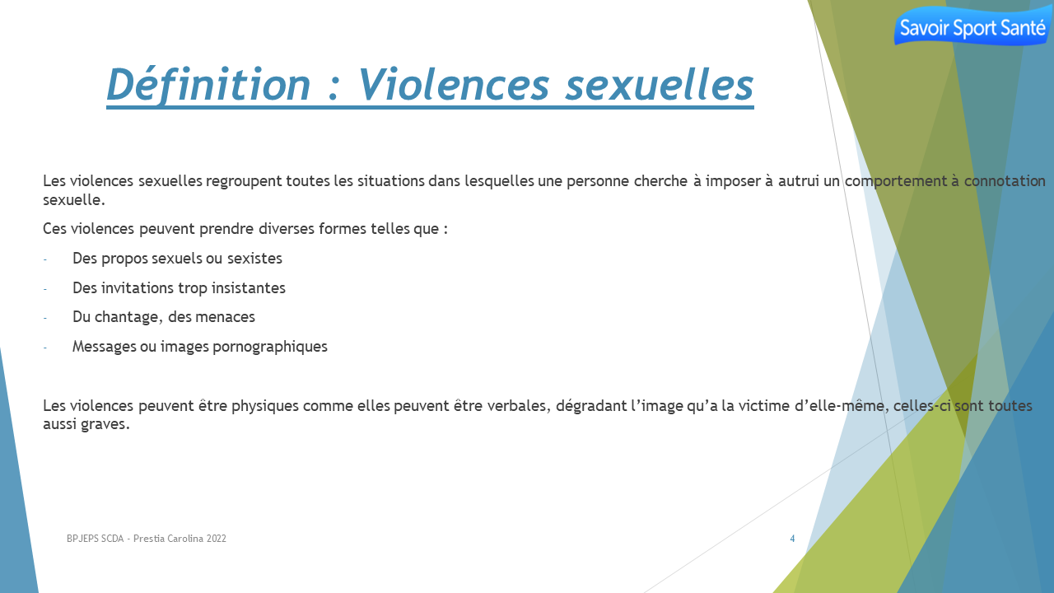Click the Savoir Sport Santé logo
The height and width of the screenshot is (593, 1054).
[x=972, y=26]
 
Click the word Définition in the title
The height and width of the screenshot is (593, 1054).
[x=208, y=85]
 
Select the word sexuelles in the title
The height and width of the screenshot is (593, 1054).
[x=660, y=86]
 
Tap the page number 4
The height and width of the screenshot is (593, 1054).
[x=792, y=539]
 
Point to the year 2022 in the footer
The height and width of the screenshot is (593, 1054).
[x=216, y=539]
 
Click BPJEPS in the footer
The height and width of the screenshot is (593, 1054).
[x=82, y=539]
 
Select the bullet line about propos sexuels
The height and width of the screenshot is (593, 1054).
[x=177, y=259]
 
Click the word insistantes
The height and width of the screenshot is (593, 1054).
[x=249, y=287]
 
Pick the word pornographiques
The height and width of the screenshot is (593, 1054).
[x=270, y=347]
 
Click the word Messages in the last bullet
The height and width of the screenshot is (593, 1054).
[x=104, y=347]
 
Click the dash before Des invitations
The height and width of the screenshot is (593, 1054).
[x=45, y=289]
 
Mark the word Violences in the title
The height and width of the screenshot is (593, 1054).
[x=454, y=85]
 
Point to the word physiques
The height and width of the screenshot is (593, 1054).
[x=265, y=406]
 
